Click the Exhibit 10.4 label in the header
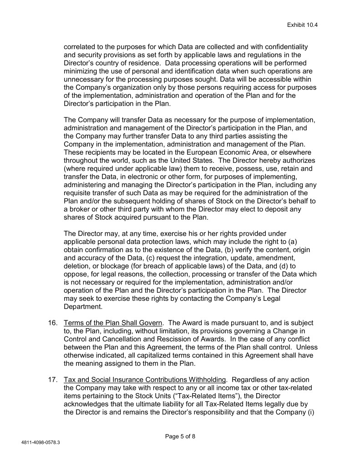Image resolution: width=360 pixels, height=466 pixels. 302,25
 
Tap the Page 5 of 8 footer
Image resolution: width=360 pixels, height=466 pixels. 180,436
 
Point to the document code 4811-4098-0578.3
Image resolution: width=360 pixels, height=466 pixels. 41,442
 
